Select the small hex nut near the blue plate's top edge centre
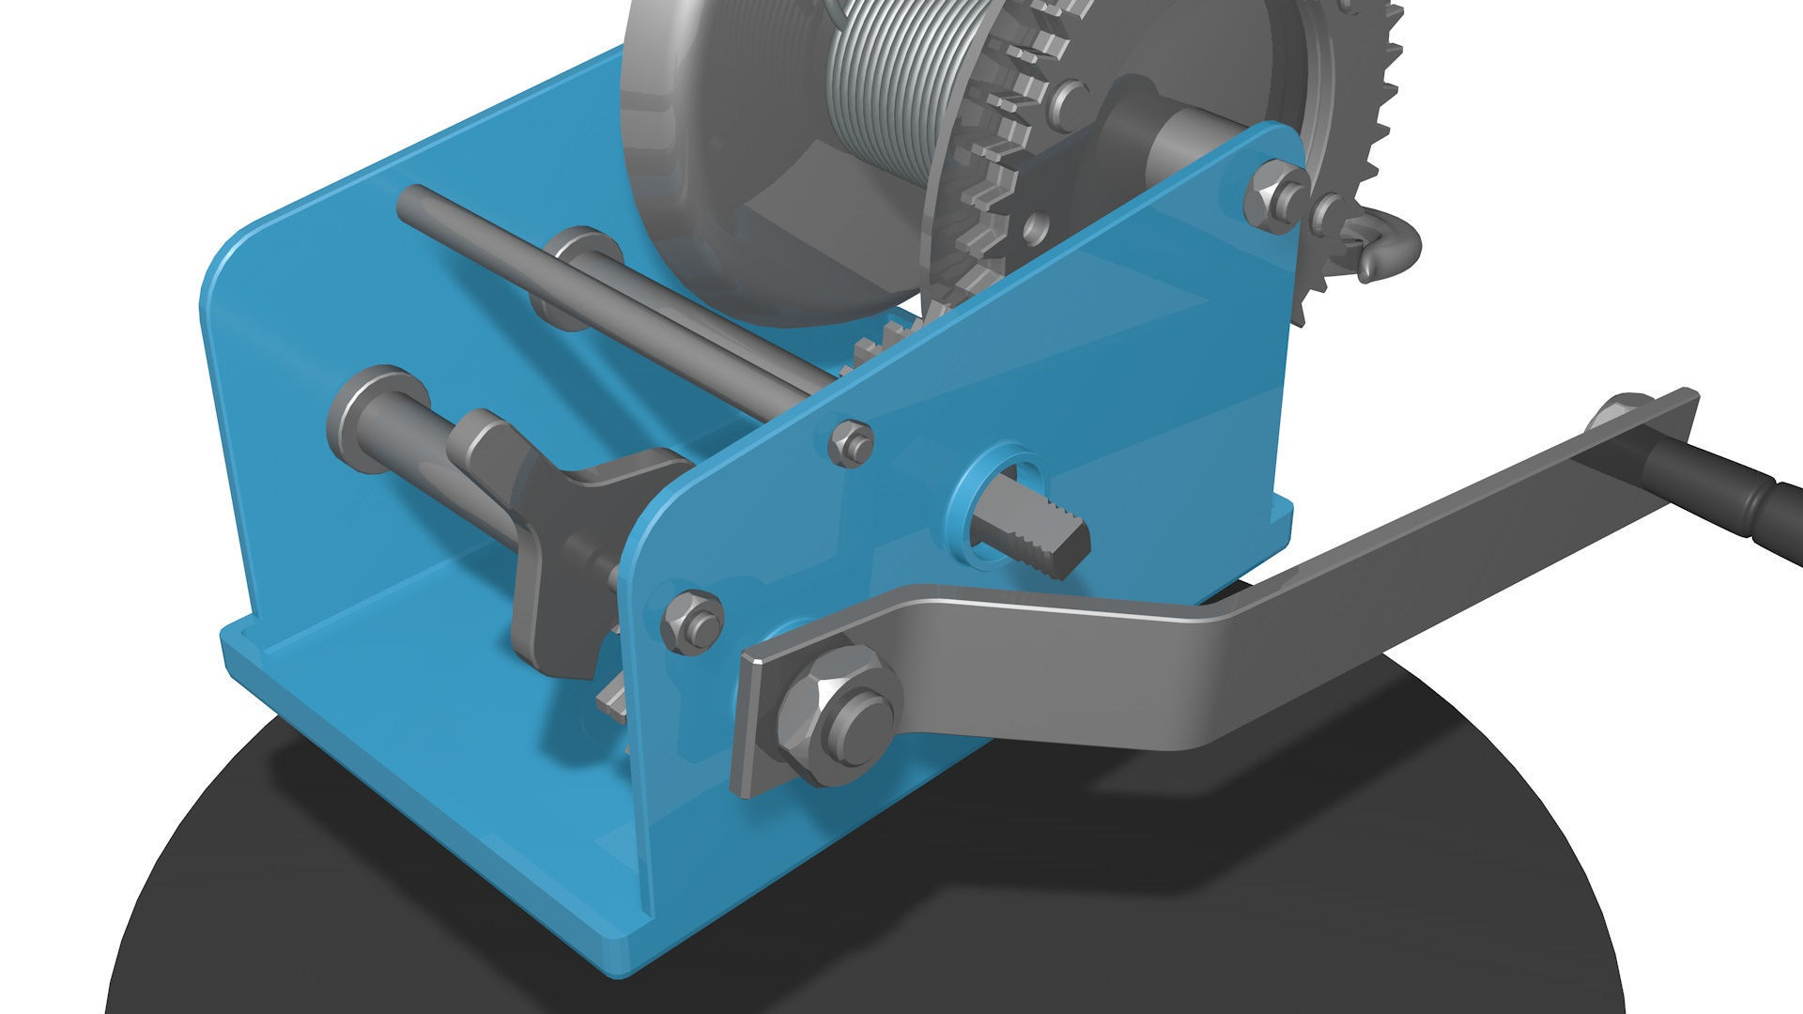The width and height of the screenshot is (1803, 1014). [x=852, y=441]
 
